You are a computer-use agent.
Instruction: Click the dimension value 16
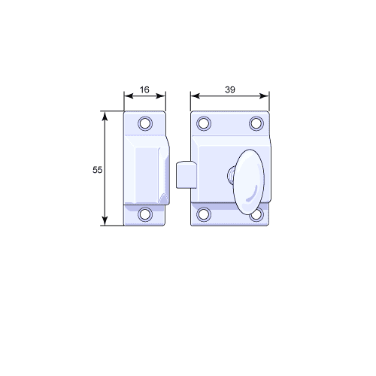tap(144, 89)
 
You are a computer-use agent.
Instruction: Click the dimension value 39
tap(230, 89)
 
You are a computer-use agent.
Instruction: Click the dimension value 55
tap(97, 170)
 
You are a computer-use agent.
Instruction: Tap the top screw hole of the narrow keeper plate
tap(145, 123)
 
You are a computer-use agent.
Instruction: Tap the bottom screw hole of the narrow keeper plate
tap(145, 214)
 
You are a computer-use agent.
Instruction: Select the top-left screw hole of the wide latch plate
tap(204, 123)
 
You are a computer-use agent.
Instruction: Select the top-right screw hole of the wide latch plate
tap(256, 123)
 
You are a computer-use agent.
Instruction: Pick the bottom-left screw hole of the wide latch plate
tap(204, 214)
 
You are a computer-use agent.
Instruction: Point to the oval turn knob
tap(249, 182)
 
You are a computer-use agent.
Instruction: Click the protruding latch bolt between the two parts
tap(186, 174)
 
